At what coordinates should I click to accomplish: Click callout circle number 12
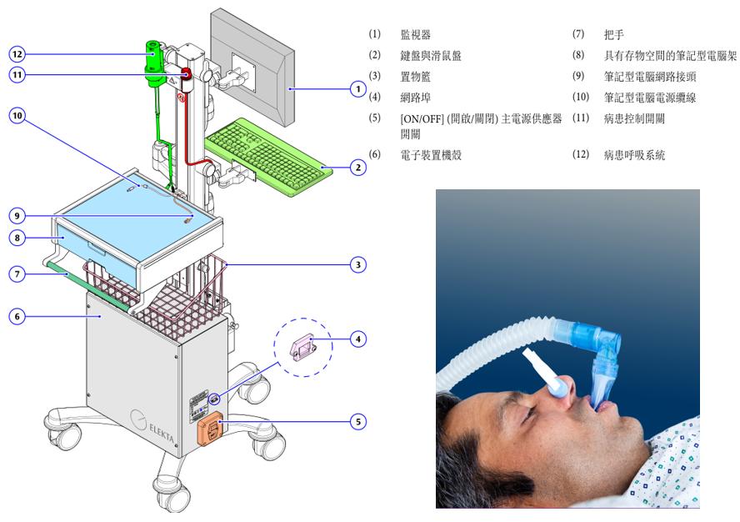tap(17, 54)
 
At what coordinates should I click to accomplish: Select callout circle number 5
tap(358, 422)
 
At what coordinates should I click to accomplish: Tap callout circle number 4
tap(358, 339)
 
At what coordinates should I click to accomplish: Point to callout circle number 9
tap(17, 216)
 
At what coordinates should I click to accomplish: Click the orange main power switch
tap(210, 429)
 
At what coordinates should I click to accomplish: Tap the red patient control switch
tap(186, 79)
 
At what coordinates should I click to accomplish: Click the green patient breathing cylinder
tap(154, 63)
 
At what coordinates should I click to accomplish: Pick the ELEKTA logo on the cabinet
tap(152, 424)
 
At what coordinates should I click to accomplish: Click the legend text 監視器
tap(415, 34)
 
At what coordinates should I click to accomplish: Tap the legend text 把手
tap(613, 34)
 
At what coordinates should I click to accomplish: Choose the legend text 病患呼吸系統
tap(634, 155)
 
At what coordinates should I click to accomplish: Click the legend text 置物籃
tap(415, 77)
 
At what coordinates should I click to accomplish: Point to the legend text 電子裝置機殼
tap(430, 155)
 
